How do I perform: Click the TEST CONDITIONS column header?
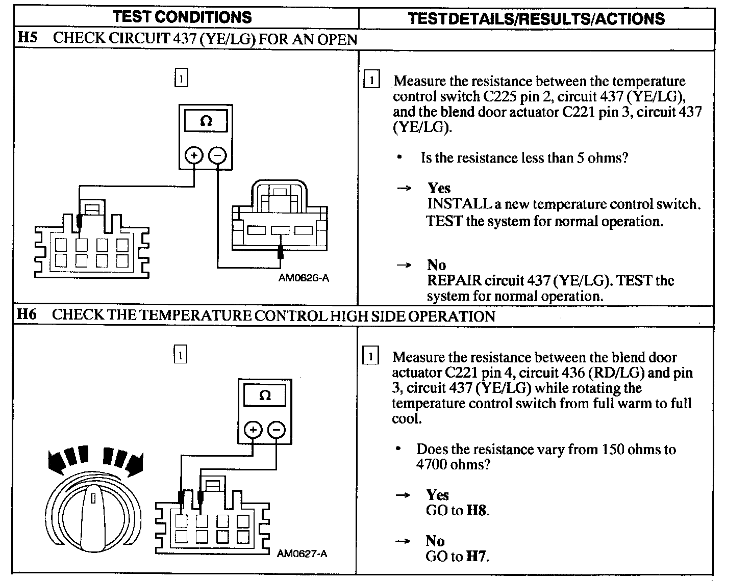182,17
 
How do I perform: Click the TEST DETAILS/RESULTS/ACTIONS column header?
536,19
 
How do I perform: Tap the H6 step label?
27,314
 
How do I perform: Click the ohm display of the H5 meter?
206,122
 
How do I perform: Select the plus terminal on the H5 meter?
194,155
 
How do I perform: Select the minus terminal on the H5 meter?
218,155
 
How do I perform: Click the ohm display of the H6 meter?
265,395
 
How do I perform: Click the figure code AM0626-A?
304,278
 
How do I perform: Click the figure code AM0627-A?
302,553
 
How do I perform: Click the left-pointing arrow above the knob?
66,459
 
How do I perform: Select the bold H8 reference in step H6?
478,510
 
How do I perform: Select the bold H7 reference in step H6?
478,557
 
